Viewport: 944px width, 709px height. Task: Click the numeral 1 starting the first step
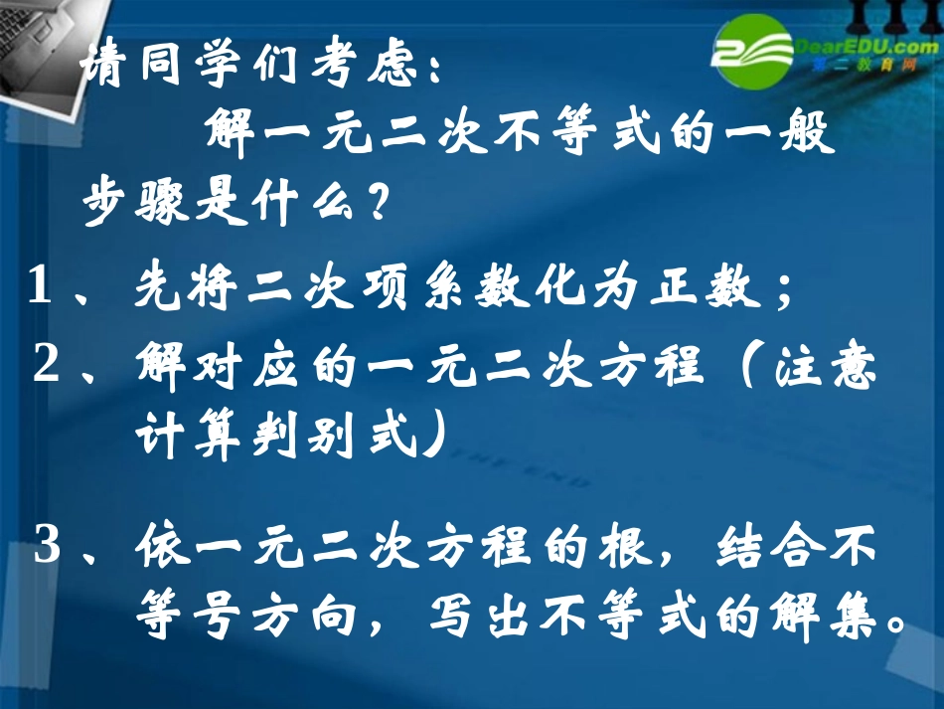click(40, 288)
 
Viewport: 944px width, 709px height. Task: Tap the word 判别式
click(327, 438)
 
